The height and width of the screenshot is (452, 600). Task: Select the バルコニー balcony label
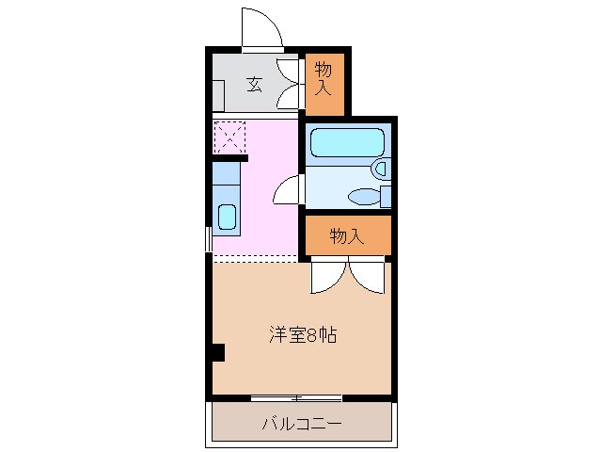[301, 424]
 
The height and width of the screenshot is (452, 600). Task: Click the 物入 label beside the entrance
[324, 78]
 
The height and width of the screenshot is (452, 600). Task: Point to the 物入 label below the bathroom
[346, 236]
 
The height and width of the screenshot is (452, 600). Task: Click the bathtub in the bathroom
[346, 142]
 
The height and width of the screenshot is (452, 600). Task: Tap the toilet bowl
[361, 196]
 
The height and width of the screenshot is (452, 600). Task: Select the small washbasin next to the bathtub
[379, 168]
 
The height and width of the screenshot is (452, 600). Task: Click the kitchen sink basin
[228, 217]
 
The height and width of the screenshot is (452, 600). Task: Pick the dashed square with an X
[229, 137]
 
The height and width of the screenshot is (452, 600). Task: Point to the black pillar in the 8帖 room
[217, 353]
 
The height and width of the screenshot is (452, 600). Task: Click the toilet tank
[386, 195]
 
